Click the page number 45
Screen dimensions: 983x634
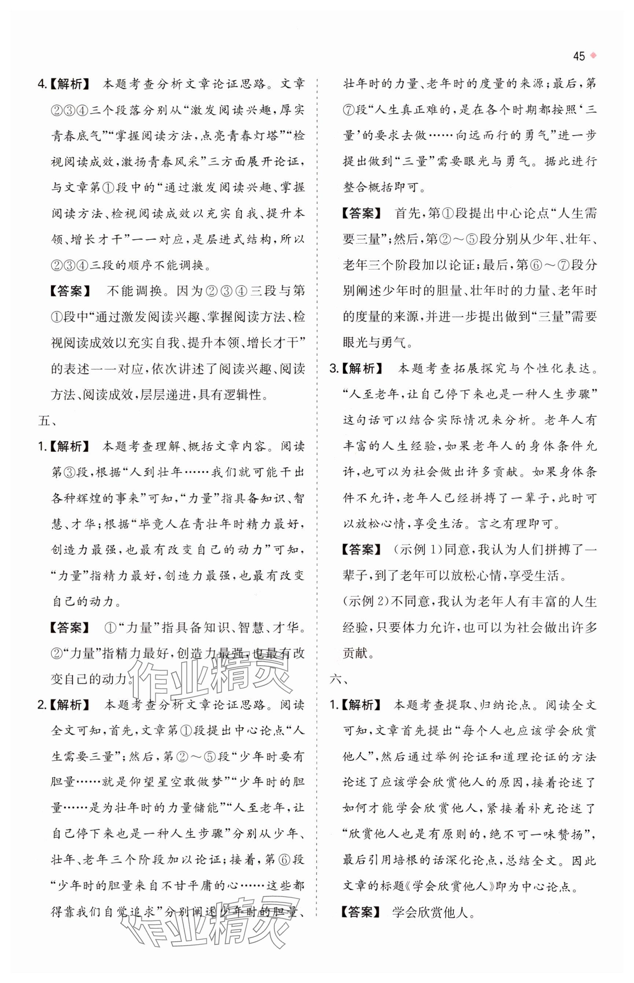pyautogui.click(x=578, y=56)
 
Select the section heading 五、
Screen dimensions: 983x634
pyautogui.click(x=44, y=421)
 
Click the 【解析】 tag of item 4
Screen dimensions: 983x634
pyautogui.click(x=69, y=84)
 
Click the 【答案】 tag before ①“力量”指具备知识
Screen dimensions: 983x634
pyautogui.click(x=69, y=627)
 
